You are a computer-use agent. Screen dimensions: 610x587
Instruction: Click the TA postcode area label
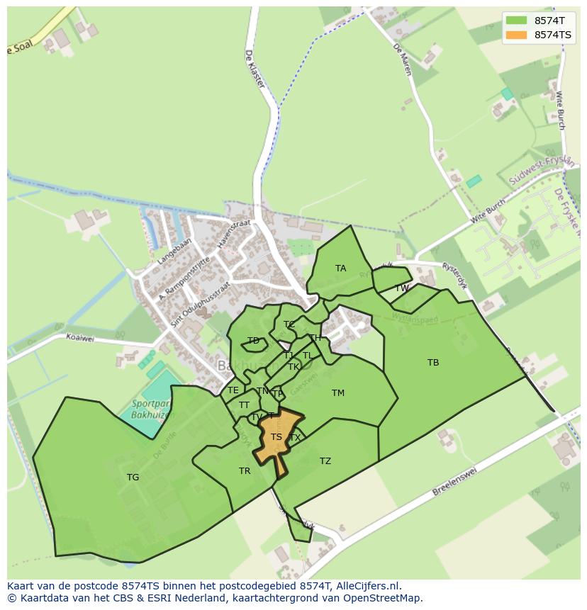click(x=341, y=269)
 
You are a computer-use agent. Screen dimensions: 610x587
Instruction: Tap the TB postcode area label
click(x=433, y=363)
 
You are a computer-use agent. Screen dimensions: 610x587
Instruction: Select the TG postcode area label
click(x=133, y=478)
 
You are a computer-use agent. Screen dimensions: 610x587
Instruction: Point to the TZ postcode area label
click(x=325, y=461)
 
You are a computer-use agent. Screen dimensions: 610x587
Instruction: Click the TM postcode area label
click(x=338, y=393)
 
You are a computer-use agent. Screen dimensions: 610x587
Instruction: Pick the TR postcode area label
click(x=245, y=471)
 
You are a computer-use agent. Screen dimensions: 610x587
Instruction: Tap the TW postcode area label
click(x=402, y=288)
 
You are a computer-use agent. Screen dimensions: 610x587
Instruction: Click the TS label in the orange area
click(x=276, y=437)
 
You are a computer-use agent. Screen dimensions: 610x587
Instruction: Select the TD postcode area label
click(x=253, y=341)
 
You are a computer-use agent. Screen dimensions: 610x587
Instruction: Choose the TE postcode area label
click(x=233, y=390)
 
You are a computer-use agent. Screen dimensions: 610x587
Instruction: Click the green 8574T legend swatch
click(x=517, y=21)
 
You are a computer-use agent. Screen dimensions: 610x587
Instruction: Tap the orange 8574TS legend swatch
click(x=517, y=35)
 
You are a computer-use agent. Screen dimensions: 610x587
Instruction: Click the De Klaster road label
click(x=255, y=69)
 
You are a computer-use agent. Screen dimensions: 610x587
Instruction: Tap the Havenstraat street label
click(x=235, y=232)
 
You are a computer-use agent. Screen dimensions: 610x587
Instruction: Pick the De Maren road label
click(x=402, y=60)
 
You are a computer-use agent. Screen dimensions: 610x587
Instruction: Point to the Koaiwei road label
click(x=79, y=339)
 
